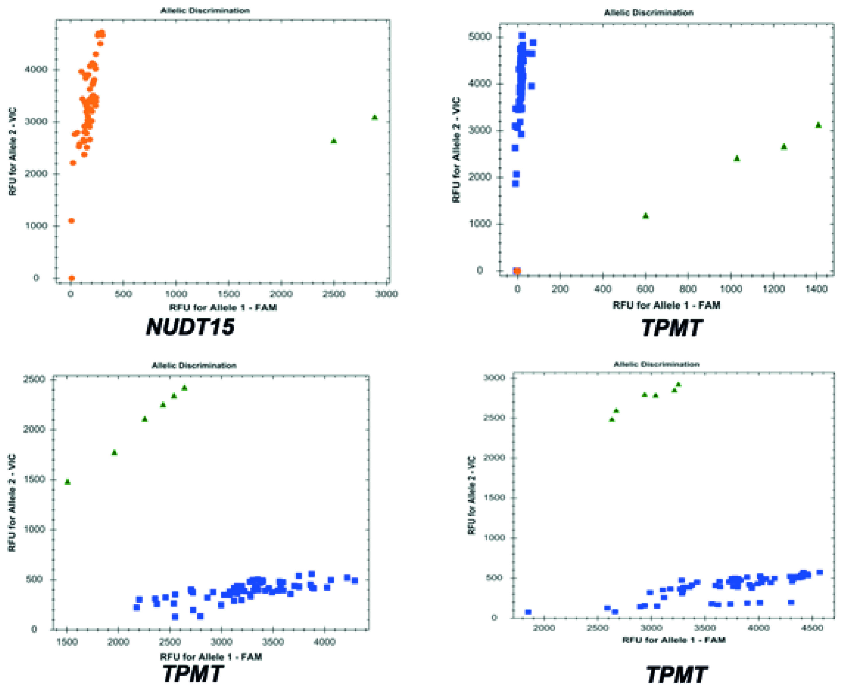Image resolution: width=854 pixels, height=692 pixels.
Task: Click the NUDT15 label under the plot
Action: tap(190, 327)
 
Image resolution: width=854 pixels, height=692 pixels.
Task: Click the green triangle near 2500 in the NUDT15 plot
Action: tap(334, 141)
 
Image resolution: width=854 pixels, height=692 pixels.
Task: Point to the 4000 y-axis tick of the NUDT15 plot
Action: tap(36, 69)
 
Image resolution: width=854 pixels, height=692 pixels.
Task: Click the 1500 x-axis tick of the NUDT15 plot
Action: tap(228, 294)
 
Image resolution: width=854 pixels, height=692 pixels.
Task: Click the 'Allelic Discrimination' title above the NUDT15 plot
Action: tap(205, 11)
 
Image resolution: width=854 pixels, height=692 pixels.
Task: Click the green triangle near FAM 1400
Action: tap(819, 125)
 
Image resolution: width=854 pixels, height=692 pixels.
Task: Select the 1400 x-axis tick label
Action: tap(817, 289)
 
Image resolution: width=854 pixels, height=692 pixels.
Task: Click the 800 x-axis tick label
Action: tap(688, 289)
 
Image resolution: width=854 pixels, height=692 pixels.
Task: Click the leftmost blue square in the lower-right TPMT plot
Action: tap(529, 612)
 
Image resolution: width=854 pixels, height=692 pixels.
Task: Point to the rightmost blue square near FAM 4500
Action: tap(820, 572)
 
